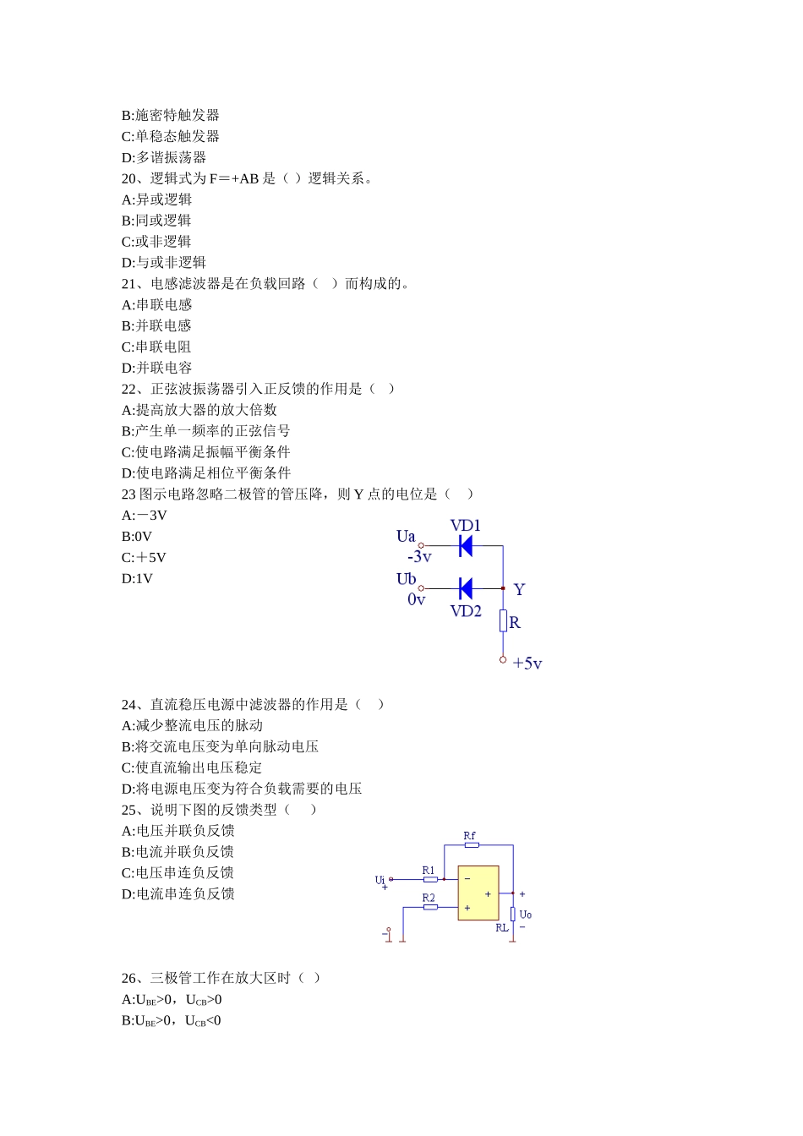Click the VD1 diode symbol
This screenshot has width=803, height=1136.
coord(465,546)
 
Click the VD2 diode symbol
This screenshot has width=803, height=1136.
coord(465,588)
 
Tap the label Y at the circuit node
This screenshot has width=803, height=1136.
coord(519,589)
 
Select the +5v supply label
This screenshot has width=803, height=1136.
coord(527,664)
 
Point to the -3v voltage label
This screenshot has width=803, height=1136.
coord(419,557)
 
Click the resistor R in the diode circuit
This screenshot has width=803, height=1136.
coord(503,621)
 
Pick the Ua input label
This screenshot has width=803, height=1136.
coord(406,536)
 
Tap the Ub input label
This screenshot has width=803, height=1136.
coord(406,579)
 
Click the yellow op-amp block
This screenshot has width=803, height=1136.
coord(478,893)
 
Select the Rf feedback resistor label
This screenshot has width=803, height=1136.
coord(469,836)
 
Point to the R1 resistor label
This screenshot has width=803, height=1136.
coord(429,871)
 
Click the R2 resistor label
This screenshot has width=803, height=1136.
coord(429,898)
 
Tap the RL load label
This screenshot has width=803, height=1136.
coord(502,927)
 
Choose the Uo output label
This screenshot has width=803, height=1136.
coord(525,915)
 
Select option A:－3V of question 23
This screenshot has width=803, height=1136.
coord(145,516)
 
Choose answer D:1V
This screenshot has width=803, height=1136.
coord(137,579)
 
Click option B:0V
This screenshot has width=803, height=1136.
coord(137,537)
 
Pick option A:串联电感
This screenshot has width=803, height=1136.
coord(157,305)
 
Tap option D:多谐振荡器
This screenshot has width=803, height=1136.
coord(164,157)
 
